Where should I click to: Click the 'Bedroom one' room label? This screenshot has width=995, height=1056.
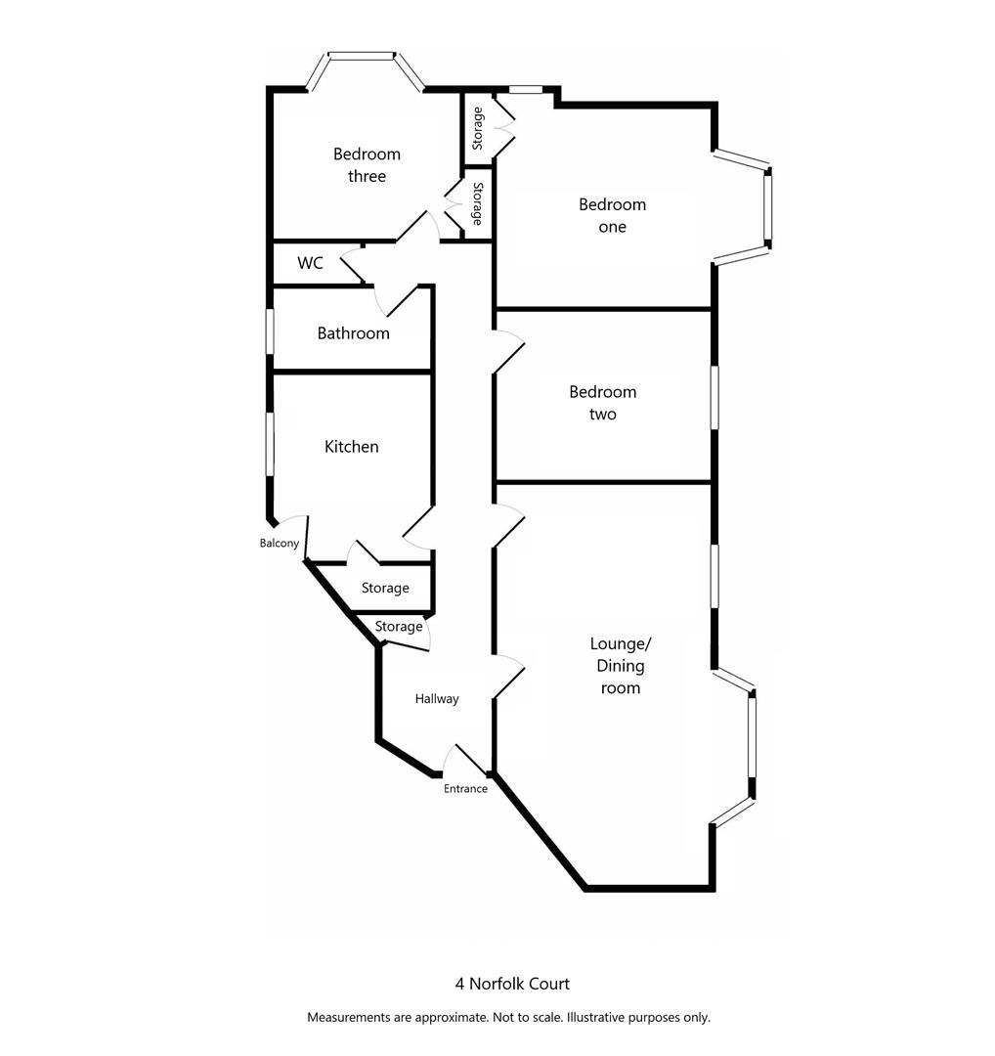(x=612, y=215)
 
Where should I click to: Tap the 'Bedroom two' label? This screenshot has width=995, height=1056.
(x=602, y=403)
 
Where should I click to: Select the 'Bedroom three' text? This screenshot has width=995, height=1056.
(x=367, y=165)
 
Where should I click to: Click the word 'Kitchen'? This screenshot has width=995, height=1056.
(x=351, y=447)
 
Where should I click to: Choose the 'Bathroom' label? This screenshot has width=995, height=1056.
(x=353, y=333)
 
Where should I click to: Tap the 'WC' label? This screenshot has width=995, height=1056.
(x=310, y=263)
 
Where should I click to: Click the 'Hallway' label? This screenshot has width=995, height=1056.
(x=436, y=699)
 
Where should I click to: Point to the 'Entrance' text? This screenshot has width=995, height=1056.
(x=465, y=789)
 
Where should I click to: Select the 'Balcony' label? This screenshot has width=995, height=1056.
(x=279, y=544)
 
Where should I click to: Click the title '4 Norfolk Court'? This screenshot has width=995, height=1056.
(x=511, y=984)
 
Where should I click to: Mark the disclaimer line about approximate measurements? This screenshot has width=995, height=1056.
(x=508, y=1017)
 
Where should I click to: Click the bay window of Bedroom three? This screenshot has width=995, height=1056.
(x=362, y=57)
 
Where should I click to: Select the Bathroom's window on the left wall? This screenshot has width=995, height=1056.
(x=271, y=331)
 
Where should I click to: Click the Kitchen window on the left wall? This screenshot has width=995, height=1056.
(x=271, y=444)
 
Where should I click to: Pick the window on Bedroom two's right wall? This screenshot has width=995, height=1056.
(x=714, y=397)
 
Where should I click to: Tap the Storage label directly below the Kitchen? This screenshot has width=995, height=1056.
(x=385, y=589)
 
